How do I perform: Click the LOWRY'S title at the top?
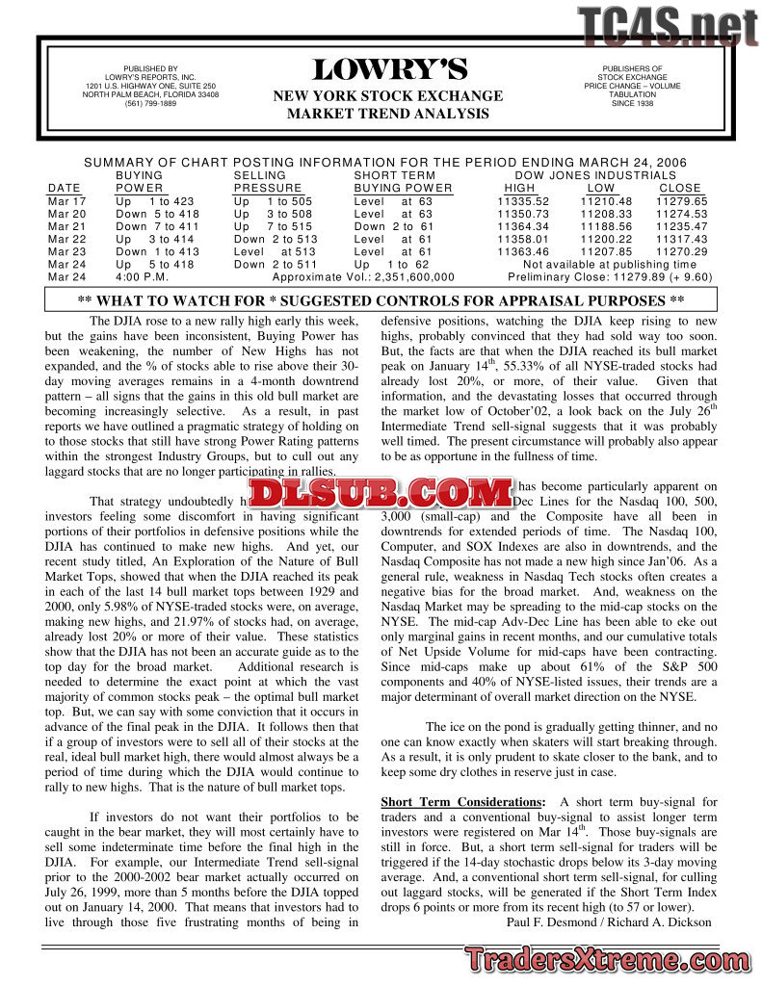[x=389, y=70]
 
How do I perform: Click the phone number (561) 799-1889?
[x=150, y=103]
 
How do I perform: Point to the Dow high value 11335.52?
[x=523, y=201]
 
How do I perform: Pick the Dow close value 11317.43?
[x=681, y=239]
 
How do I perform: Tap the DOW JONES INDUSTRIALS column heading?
[x=595, y=175]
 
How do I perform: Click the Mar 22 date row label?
[x=66, y=239]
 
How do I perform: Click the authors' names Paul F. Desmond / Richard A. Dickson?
[x=609, y=921]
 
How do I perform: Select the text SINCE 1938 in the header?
[x=632, y=103]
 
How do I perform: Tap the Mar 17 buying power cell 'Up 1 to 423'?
[x=154, y=201]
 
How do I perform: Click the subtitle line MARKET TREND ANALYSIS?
[x=388, y=114]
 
